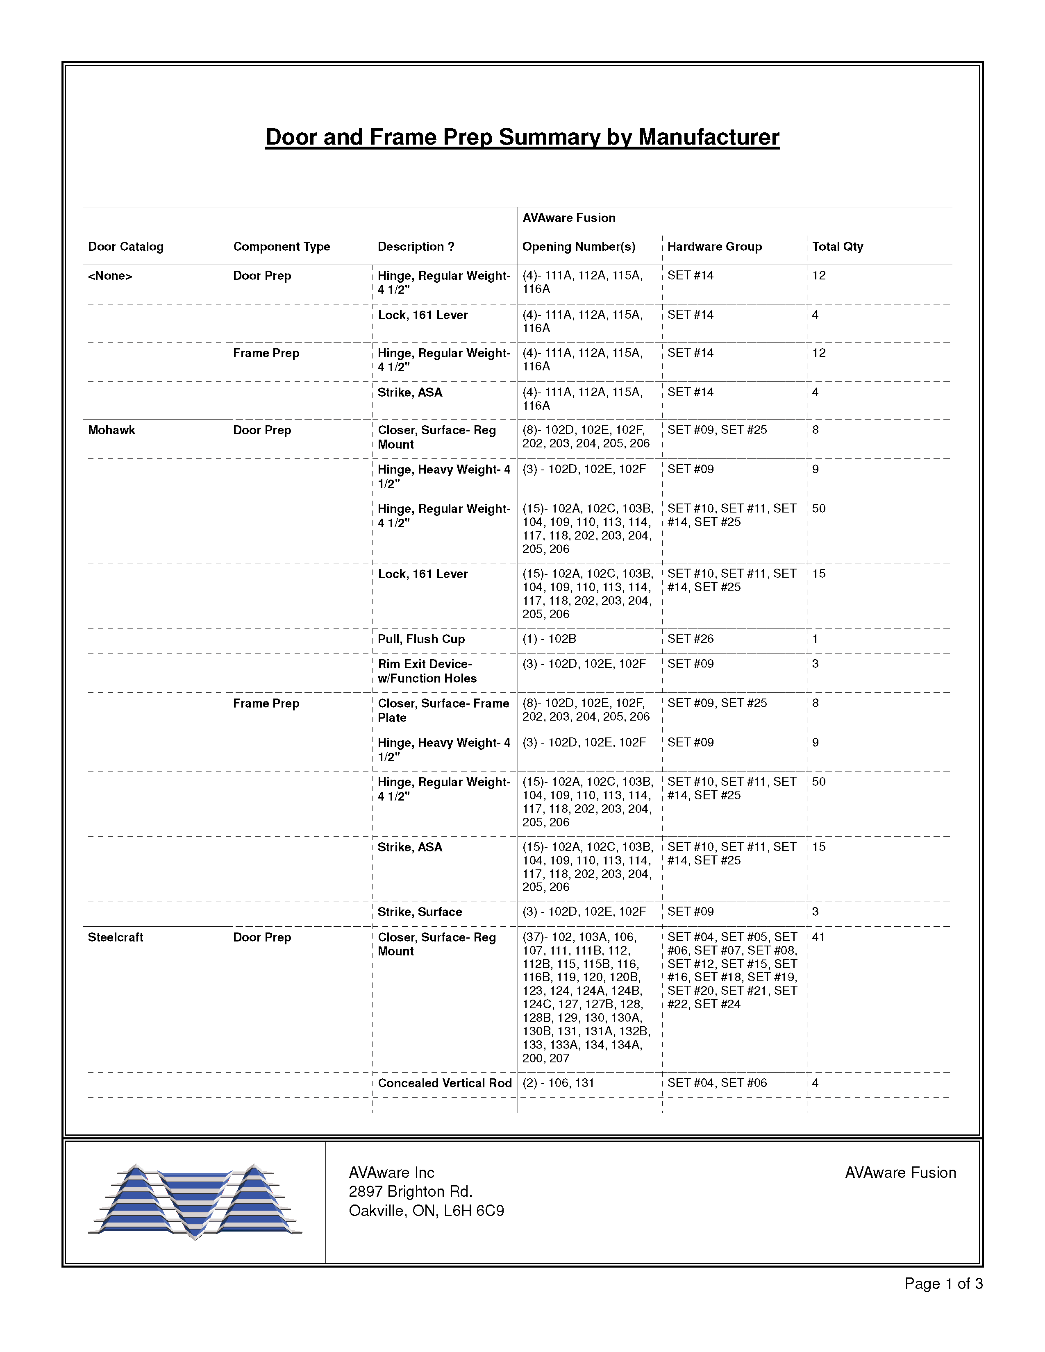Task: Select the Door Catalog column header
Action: click(126, 246)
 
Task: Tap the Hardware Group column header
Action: click(714, 246)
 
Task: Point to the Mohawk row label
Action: click(111, 430)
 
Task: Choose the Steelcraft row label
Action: click(115, 937)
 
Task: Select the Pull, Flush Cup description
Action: click(421, 639)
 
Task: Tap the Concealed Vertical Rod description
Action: click(445, 1083)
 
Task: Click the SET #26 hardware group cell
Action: click(690, 638)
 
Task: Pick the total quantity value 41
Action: click(818, 937)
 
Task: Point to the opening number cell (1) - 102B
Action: click(549, 638)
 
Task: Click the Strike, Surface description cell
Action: click(420, 912)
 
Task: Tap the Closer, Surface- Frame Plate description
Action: click(443, 710)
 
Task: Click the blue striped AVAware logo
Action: click(195, 1201)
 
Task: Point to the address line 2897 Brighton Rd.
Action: click(411, 1192)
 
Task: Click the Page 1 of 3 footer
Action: click(943, 1284)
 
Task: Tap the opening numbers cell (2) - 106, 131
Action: click(558, 1083)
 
